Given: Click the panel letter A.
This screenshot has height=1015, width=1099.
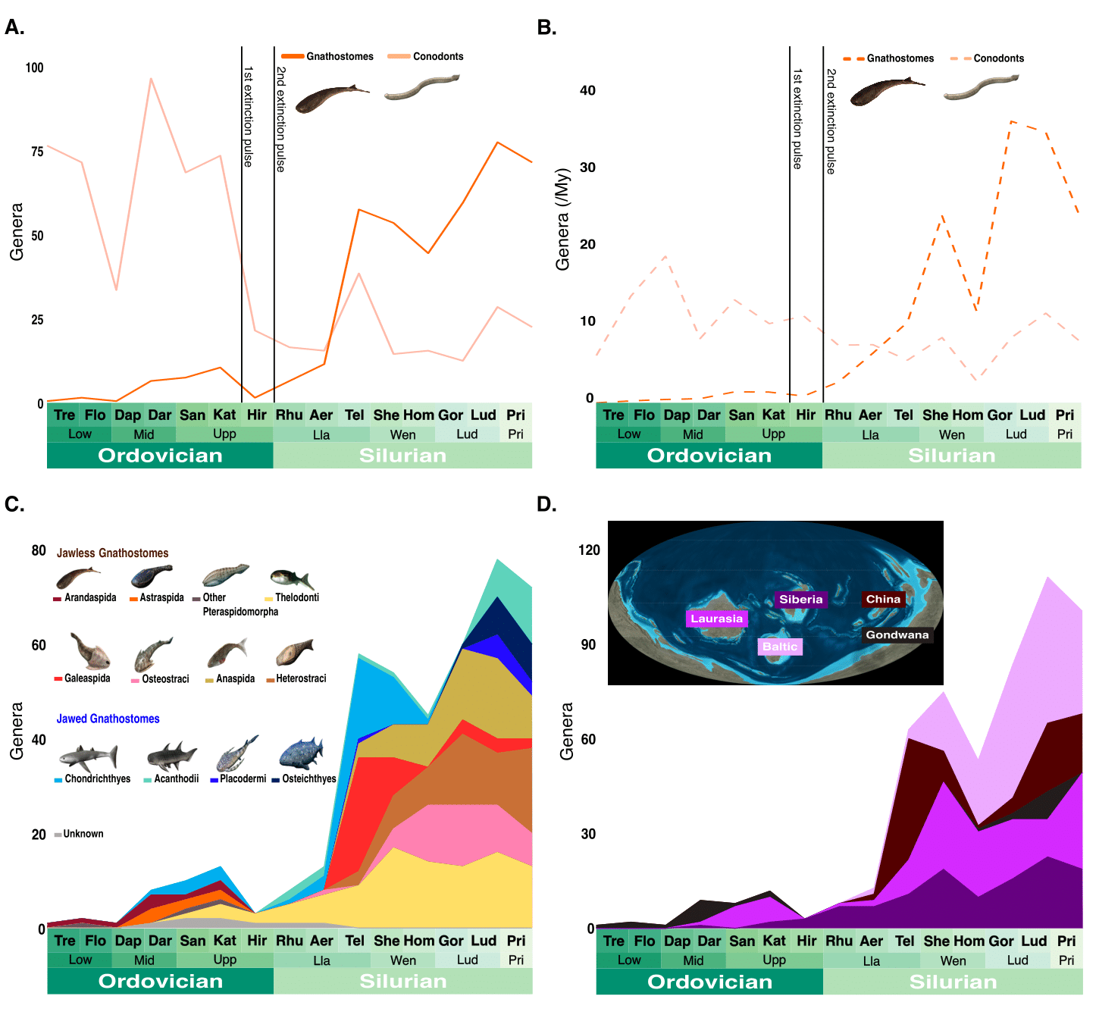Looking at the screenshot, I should pos(14,27).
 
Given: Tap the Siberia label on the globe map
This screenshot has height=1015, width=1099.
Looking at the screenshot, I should pos(800,600).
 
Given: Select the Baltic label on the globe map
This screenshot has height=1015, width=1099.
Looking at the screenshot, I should pos(780,647).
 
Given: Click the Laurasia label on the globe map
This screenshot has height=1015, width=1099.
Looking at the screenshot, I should pos(716,619).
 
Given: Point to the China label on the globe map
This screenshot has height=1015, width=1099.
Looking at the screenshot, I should pos(883,600).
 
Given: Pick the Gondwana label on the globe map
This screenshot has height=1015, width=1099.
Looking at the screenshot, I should pos(897,635).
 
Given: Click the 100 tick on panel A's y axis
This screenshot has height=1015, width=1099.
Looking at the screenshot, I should pos(35,67).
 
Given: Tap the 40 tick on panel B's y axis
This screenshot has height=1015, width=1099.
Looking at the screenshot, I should pos(587,90).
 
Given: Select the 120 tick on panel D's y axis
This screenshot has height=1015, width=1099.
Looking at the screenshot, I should pos(589,550).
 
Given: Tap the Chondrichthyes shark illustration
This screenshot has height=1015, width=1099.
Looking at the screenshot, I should pos(89,757).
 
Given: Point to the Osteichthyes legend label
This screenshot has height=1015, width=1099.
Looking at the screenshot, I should pos(308,778).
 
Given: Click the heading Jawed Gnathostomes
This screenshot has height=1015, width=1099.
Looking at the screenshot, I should pos(108,719).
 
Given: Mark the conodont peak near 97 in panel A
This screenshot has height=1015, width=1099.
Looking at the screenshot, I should pos(151,78).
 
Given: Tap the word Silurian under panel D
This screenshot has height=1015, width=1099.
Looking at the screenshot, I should pos(953,982).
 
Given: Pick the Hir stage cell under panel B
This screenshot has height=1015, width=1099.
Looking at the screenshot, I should pos(806,415).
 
